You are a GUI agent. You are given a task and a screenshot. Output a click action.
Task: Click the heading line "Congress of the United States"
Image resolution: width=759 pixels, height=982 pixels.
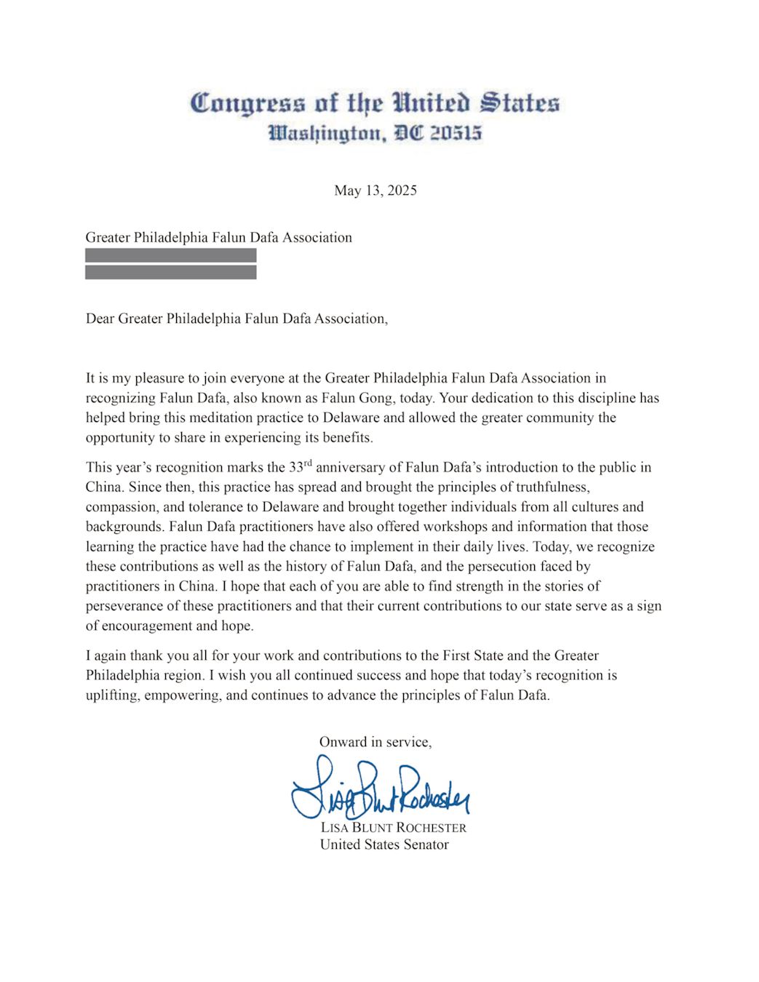coord(375,103)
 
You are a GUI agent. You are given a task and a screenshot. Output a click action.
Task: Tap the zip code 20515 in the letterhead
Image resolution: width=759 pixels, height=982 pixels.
coord(456,134)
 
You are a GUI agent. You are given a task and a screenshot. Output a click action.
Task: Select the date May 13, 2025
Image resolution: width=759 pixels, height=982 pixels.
coord(375,191)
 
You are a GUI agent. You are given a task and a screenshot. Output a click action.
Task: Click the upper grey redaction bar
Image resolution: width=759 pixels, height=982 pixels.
coord(171,255)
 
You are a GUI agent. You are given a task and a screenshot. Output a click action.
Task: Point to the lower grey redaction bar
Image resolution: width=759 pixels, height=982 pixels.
coord(171,273)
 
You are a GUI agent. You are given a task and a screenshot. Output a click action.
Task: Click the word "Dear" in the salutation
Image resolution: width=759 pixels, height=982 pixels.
coord(100,319)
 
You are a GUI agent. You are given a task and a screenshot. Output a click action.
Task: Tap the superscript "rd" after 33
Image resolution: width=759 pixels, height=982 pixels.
coord(308,463)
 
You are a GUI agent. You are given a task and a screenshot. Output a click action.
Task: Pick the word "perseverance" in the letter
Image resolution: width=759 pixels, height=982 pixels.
coord(124,606)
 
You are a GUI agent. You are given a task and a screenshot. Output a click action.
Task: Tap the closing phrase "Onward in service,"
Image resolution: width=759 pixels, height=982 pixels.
coord(375,742)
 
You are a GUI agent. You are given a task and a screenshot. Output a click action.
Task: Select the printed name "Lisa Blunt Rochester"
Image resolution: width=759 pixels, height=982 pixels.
coord(393,828)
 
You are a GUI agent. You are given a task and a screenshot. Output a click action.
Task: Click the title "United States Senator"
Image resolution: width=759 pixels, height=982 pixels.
coord(384,845)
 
